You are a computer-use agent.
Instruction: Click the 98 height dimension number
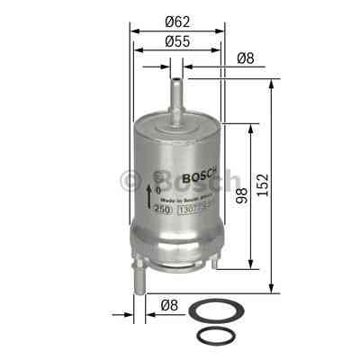click(x=241, y=195)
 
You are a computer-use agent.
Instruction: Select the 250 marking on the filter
click(x=162, y=211)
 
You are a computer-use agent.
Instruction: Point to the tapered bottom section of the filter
click(x=178, y=247)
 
